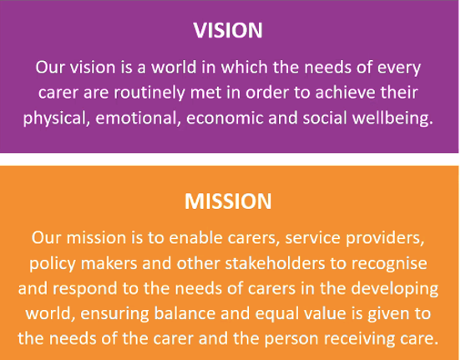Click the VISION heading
click(x=228, y=30)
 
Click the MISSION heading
click(x=228, y=201)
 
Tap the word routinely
click(x=149, y=93)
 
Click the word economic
click(x=225, y=119)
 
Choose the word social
click(x=325, y=118)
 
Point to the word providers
click(x=385, y=239)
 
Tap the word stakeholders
click(x=276, y=263)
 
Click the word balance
click(x=185, y=313)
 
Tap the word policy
click(x=53, y=264)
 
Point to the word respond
click(x=85, y=289)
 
